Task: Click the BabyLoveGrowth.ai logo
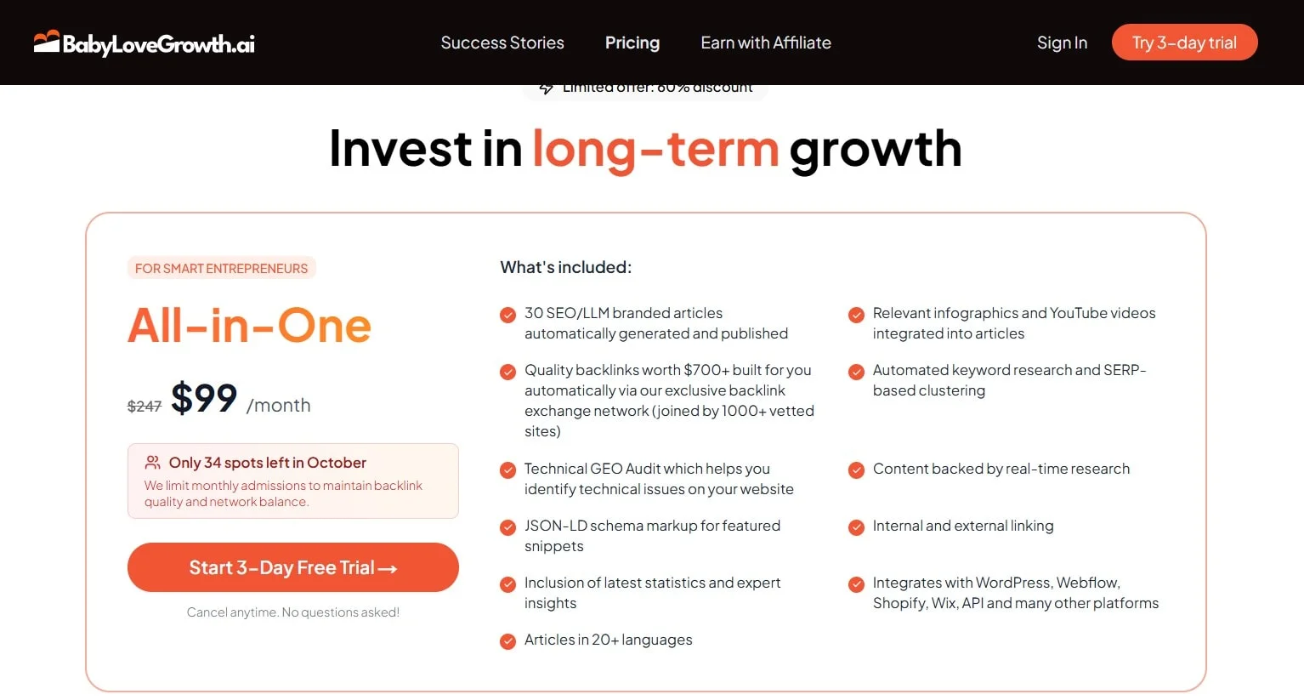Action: tap(145, 43)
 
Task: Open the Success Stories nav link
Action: tap(502, 43)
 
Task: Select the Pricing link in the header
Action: tap(632, 43)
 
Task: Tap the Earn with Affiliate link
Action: tap(765, 43)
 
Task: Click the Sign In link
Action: tap(1062, 43)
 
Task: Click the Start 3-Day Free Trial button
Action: tap(292, 567)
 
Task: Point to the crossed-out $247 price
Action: tap(145, 407)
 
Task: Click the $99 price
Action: tap(204, 398)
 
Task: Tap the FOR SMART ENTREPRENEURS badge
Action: tap(221, 268)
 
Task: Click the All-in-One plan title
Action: tap(249, 326)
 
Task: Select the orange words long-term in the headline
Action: tap(655, 149)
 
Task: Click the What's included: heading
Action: tap(565, 267)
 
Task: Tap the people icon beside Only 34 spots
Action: tap(153, 462)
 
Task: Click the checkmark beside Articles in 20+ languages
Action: tap(507, 640)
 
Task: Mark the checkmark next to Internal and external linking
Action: tap(856, 526)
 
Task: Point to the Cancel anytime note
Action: tap(292, 612)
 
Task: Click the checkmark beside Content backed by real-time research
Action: tap(856, 470)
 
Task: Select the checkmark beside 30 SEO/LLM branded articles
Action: tap(507, 314)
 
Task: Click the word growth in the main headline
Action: tap(875, 149)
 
